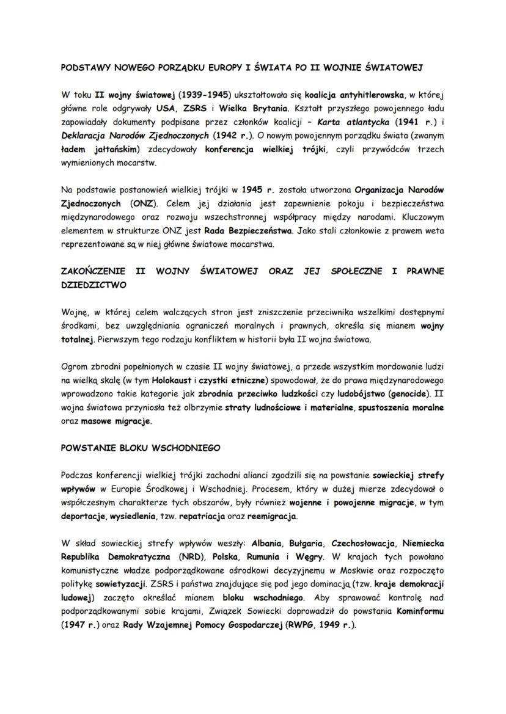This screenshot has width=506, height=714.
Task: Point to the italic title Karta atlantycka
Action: (x=351, y=122)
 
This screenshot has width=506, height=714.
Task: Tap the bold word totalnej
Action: (x=78, y=339)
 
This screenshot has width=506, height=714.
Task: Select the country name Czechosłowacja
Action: (x=360, y=543)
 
